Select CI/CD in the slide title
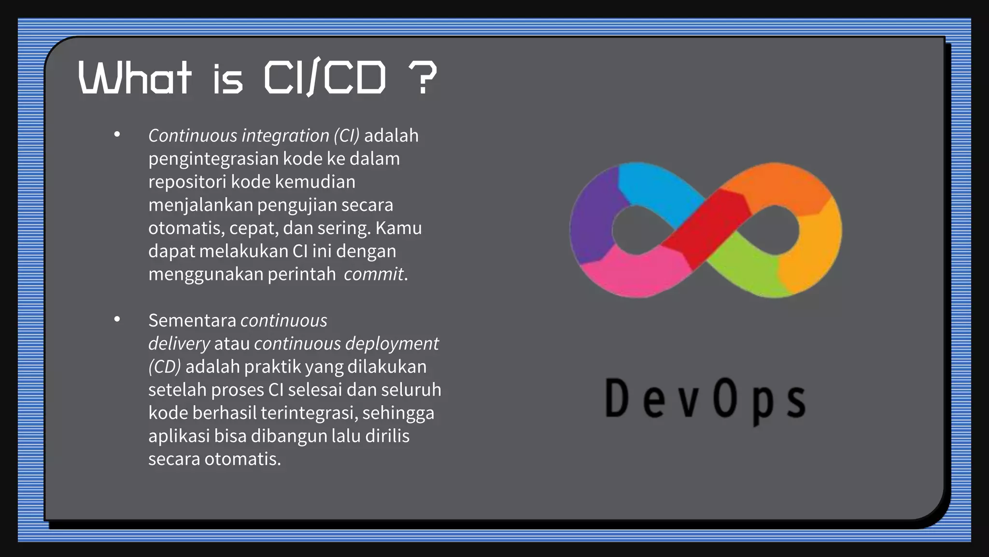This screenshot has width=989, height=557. point(325,77)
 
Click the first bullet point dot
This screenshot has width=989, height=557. point(117,134)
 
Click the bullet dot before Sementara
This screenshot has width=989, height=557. point(117,320)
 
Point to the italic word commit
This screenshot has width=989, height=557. point(373,274)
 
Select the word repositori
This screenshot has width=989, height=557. point(187,182)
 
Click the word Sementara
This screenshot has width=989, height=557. point(192,321)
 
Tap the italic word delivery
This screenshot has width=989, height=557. point(179,344)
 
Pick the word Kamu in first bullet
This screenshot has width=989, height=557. point(398,228)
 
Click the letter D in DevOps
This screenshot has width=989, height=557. point(617,398)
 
